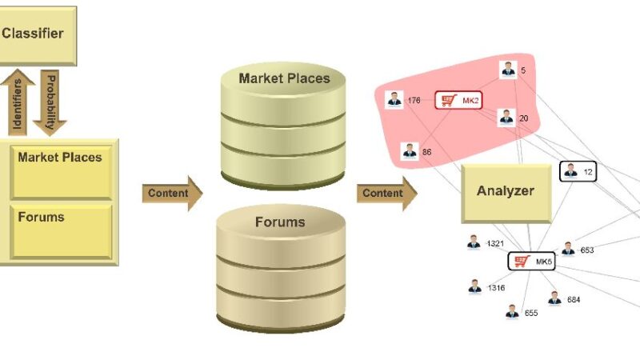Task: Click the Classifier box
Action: [x=36, y=34]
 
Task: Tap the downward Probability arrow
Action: [x=50, y=102]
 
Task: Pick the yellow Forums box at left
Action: [x=60, y=230]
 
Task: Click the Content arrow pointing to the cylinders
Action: [x=171, y=193]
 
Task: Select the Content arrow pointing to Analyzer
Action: [x=386, y=193]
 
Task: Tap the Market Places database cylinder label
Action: [x=283, y=78]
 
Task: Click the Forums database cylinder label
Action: [x=280, y=222]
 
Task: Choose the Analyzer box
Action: [x=506, y=192]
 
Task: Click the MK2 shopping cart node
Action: [x=458, y=101]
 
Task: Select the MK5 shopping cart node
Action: [x=531, y=261]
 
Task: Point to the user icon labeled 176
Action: [x=394, y=100]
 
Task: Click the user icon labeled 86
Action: [x=410, y=150]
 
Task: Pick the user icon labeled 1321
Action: [x=474, y=242]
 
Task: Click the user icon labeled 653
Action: [x=568, y=249]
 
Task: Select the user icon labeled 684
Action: [x=554, y=298]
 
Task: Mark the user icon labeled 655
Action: [x=512, y=311]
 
